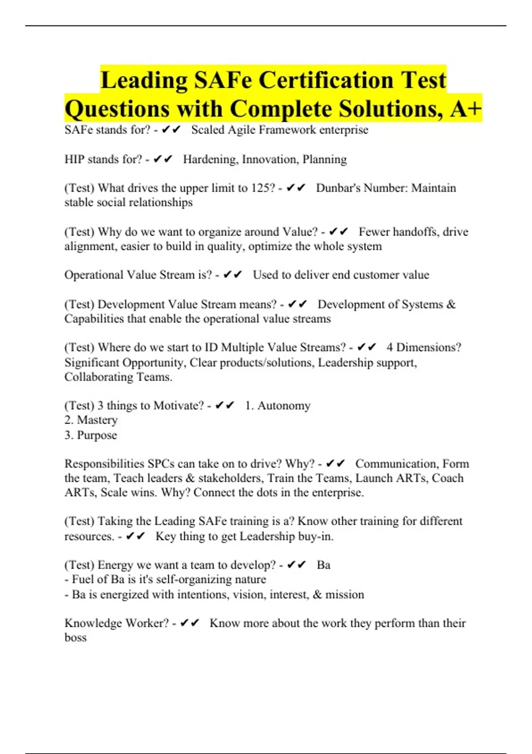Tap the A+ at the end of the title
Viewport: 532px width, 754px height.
click(x=465, y=109)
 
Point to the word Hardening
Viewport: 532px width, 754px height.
click(x=211, y=159)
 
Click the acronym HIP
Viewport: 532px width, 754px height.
click(x=74, y=159)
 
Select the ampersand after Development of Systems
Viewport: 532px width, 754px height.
click(x=451, y=305)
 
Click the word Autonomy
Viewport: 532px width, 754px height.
click(x=284, y=406)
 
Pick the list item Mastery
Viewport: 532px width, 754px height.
click(x=97, y=420)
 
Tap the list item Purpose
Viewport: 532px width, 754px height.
click(x=97, y=435)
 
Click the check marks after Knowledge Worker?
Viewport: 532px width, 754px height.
click(x=190, y=623)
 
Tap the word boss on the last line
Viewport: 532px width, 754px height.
click(x=75, y=638)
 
